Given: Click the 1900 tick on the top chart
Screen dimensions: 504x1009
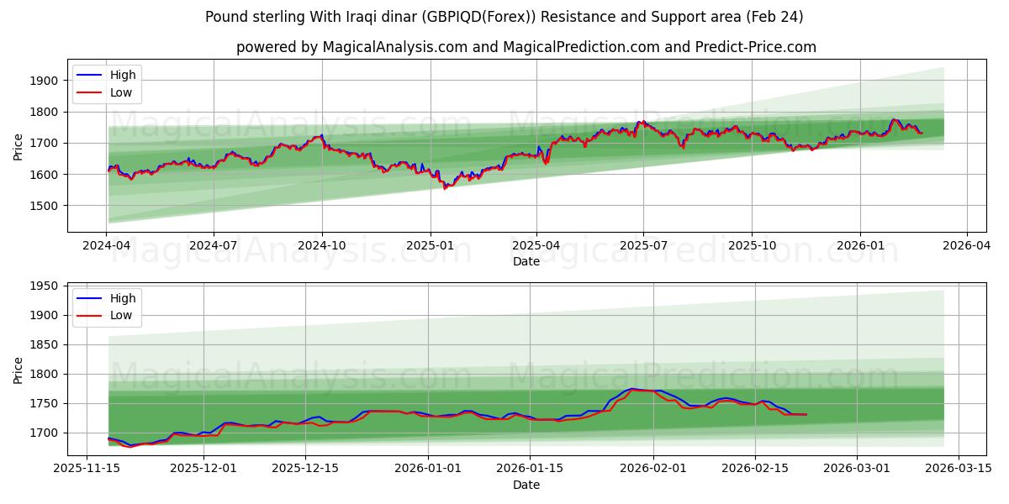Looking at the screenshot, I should point(46,81).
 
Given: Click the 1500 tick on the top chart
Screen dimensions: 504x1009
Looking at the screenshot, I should point(46,206).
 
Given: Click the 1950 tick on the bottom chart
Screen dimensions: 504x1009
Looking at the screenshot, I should point(46,286).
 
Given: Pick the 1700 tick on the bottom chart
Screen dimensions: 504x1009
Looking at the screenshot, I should point(46,433).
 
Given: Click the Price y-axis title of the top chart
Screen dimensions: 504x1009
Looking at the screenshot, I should point(18,147).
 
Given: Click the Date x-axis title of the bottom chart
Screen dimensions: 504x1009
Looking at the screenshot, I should point(526,485).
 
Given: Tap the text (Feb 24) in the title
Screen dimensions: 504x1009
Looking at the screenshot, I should point(774,17).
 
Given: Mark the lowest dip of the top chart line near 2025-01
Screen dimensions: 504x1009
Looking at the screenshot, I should point(446,188).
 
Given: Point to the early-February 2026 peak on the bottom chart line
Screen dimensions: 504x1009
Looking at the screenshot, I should point(632,389).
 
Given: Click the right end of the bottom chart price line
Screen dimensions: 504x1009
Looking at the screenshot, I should point(806,414).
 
